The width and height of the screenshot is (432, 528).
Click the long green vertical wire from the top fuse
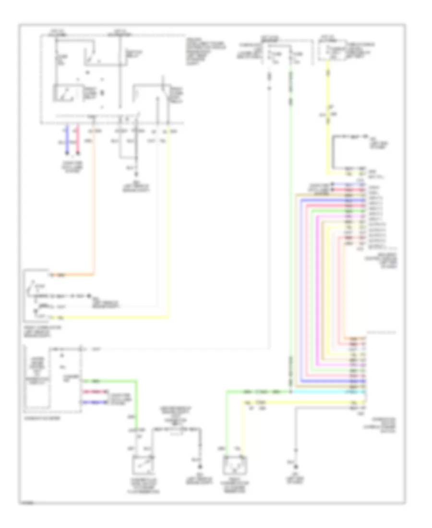[290, 216]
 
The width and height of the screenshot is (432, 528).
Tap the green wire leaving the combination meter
[137, 398]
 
